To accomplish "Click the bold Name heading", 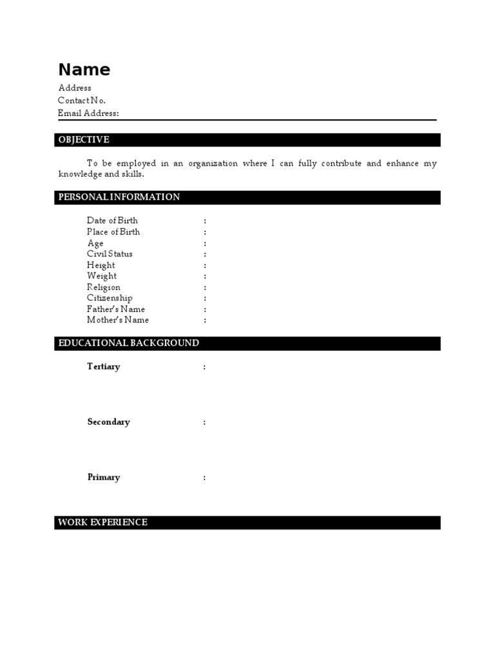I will (x=84, y=70).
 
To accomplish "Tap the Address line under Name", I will (x=75, y=88).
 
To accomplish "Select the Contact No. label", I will (x=82, y=101).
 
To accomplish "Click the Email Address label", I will (x=88, y=113).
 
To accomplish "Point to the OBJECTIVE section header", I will (x=84, y=140).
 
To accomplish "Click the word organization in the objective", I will (x=213, y=164).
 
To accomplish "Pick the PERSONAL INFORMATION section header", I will (x=119, y=197).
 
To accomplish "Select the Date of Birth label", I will (x=112, y=220).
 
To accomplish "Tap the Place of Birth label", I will (x=113, y=232).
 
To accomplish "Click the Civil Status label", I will (x=110, y=254).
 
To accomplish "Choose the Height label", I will (x=101, y=265).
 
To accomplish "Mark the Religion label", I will (x=104, y=287).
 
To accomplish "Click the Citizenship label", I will (x=110, y=298).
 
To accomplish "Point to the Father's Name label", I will (x=116, y=309).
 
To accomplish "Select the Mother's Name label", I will (x=118, y=320).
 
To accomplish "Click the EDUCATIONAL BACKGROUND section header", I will (x=129, y=343).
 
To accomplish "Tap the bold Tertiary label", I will (x=104, y=367).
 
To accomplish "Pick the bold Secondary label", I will (x=108, y=422).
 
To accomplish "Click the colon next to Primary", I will (x=205, y=478).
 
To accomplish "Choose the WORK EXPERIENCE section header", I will (x=103, y=522).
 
